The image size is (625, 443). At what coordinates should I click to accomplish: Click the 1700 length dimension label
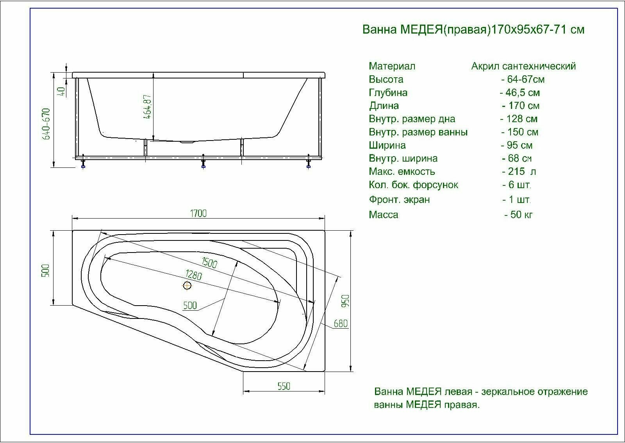click(x=198, y=213)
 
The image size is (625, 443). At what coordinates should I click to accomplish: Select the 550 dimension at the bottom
click(x=284, y=386)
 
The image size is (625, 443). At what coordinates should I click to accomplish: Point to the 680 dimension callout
click(x=340, y=324)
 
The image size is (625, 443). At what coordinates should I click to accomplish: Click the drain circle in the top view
click(x=187, y=286)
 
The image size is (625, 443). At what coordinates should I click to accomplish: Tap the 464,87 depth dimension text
click(x=148, y=106)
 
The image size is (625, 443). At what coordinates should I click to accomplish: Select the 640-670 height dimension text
click(x=46, y=124)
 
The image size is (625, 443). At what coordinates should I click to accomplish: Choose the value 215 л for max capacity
click(x=519, y=172)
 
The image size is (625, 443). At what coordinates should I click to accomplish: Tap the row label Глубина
click(x=388, y=93)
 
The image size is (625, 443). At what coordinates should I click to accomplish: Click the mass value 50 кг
click(x=519, y=215)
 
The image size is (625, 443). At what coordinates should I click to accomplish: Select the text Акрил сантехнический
click(x=523, y=66)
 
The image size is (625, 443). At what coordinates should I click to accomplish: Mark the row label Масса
click(x=383, y=215)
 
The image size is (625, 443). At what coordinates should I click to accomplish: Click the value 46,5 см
click(x=520, y=93)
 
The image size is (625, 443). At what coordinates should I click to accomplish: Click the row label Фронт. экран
click(x=399, y=200)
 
